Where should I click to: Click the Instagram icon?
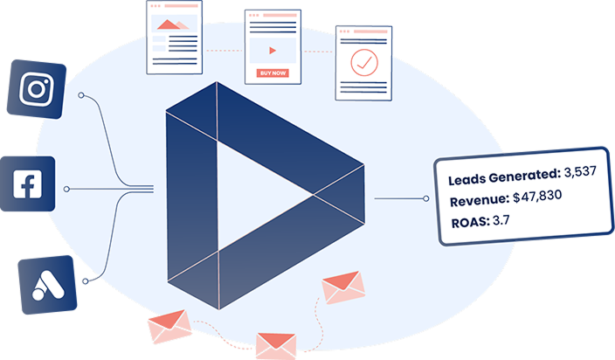pyautogui.click(x=36, y=89)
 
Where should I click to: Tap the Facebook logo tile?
pyautogui.click(x=28, y=183)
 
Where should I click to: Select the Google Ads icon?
pyautogui.click(x=46, y=285)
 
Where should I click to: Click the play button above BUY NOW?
pyautogui.click(x=273, y=49)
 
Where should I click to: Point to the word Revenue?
pyautogui.click(x=478, y=202)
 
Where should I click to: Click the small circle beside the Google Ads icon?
pyautogui.click(x=85, y=281)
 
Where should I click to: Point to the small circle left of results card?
pyautogui.click(x=426, y=198)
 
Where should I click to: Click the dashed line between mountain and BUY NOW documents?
pyautogui.click(x=223, y=50)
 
